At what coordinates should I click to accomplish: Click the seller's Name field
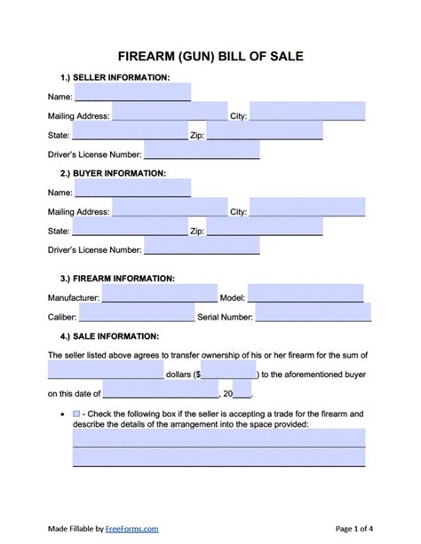[x=132, y=91]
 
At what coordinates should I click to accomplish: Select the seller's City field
[x=307, y=111]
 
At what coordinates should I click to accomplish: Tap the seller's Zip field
[x=265, y=130]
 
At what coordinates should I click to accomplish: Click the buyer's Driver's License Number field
[x=202, y=245]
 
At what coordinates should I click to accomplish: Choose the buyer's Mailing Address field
[x=170, y=207]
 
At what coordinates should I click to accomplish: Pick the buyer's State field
[x=128, y=226]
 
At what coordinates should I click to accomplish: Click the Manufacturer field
[x=150, y=293]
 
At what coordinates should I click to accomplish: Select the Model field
[x=306, y=293]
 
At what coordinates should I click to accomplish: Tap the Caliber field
[x=137, y=312]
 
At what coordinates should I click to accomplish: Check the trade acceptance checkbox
[x=76, y=414]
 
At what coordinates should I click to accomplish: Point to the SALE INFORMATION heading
[x=109, y=336]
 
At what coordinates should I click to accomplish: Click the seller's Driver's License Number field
[x=202, y=150]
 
